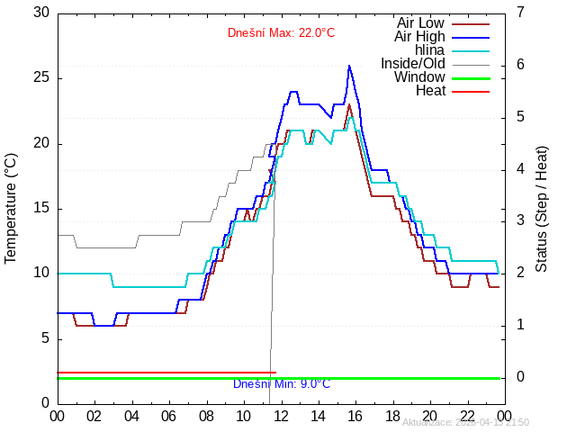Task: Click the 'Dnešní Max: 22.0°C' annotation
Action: [x=281, y=33]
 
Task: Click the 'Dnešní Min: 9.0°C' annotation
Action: [x=281, y=384]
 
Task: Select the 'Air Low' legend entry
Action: [x=420, y=22]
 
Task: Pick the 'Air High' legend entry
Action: [x=419, y=36]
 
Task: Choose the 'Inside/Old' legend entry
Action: [x=413, y=63]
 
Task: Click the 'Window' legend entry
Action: [x=419, y=76]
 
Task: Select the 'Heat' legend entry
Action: [x=430, y=90]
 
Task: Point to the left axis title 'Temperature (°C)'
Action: [x=11, y=208]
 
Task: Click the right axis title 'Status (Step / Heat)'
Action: [x=542, y=208]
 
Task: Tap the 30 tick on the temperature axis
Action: [x=40, y=13]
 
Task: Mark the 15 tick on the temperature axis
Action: [x=40, y=209]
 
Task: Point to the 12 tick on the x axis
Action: [x=281, y=415]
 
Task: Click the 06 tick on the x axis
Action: [x=168, y=415]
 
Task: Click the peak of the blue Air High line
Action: [x=349, y=66]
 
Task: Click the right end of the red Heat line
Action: [x=274, y=373]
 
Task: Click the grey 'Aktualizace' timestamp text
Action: [x=465, y=422]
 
